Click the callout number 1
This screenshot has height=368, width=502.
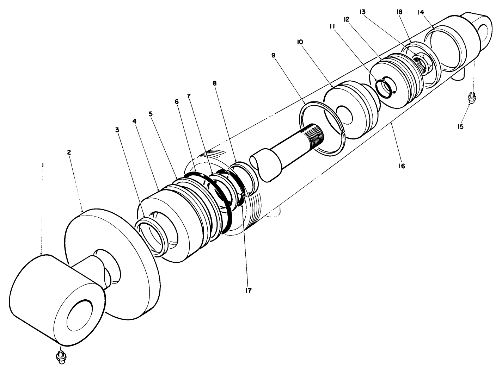(42, 165)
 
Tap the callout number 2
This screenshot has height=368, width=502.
(69, 152)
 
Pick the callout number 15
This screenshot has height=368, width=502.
(460, 126)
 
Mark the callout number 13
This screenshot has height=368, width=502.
(362, 12)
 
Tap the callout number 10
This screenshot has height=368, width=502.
(300, 42)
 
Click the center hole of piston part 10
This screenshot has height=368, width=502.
(344, 114)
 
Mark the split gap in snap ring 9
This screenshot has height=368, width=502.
(343, 133)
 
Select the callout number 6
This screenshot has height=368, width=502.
(176, 101)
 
